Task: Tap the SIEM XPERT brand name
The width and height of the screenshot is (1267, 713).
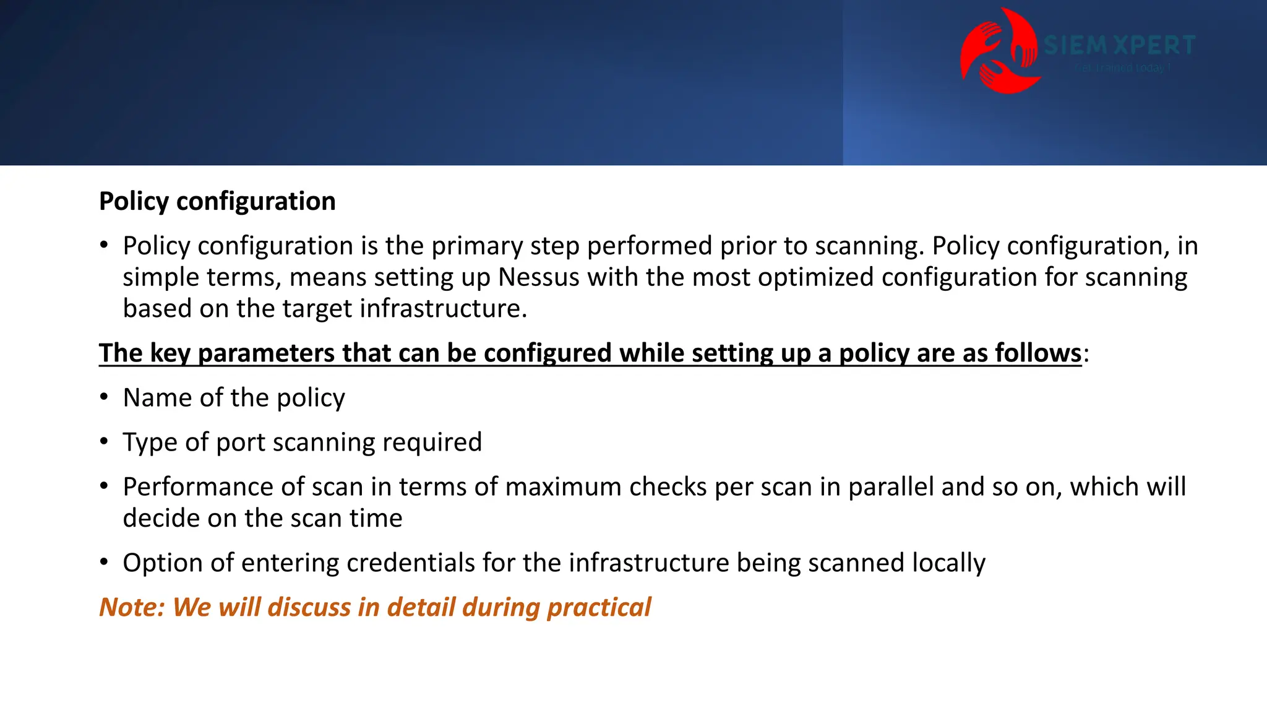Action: tap(1119, 45)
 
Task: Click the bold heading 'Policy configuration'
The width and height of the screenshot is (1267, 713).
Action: tap(217, 202)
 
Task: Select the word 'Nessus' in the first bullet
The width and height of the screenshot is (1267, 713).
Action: tap(539, 277)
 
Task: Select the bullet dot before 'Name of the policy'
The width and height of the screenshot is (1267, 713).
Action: tap(105, 396)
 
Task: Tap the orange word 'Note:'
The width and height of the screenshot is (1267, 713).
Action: tap(132, 607)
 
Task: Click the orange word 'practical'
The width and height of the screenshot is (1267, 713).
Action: tap(599, 608)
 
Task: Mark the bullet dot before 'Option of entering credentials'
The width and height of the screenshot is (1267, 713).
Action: tap(105, 561)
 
